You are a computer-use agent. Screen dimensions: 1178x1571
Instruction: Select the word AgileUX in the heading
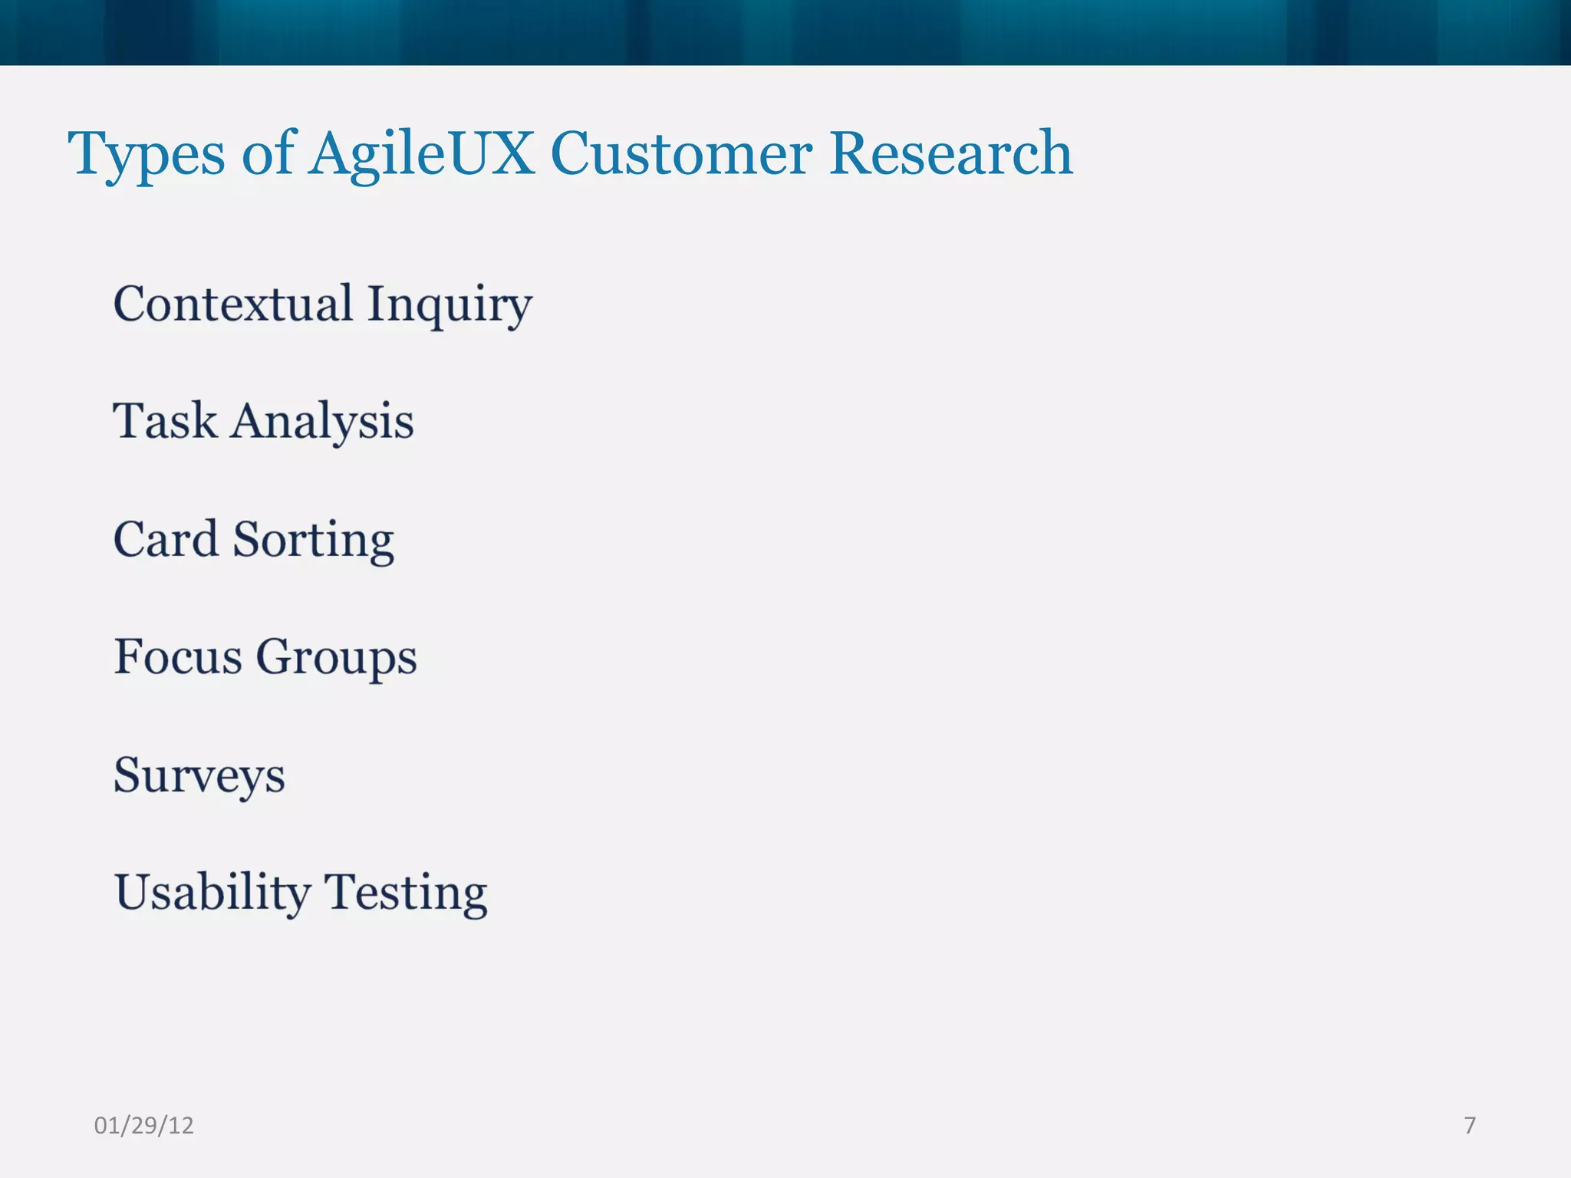421,154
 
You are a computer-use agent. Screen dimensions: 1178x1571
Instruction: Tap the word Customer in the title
681,153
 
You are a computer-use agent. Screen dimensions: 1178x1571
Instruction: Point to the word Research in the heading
950,153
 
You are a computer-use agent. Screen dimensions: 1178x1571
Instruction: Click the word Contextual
233,304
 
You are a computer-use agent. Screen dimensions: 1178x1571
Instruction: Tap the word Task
165,421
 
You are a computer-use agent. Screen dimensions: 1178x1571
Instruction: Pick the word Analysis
322,423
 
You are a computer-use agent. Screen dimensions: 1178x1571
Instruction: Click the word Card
166,539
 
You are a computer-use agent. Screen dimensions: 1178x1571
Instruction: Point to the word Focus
178,657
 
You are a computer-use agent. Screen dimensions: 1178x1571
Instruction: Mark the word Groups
336,659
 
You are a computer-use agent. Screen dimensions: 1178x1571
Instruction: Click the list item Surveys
199,776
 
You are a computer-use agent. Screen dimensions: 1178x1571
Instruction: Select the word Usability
212,893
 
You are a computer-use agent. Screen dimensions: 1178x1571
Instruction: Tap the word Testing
406,894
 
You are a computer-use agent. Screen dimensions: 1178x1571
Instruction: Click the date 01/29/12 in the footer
143,1126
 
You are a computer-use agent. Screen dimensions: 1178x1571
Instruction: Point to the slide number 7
1470,1125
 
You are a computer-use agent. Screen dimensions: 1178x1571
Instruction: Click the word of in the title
268,153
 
